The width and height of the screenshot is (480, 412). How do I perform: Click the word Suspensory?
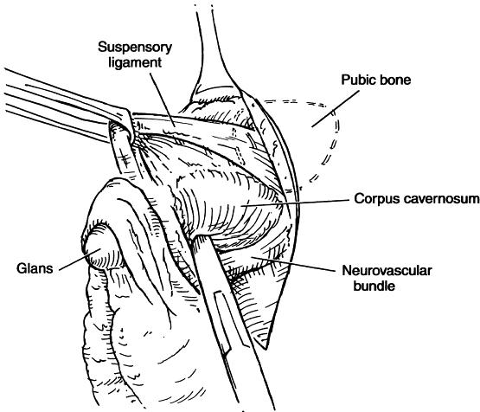pos(135,48)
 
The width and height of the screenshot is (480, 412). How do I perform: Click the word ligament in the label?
pos(135,62)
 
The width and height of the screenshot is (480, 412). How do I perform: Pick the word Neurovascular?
pos(387,270)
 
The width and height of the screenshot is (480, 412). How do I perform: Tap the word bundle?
pos(374,286)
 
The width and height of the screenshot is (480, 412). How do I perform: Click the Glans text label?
pos(35,268)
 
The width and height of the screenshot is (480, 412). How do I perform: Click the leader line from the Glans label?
pos(80,260)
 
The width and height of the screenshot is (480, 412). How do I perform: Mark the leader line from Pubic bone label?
pos(336,108)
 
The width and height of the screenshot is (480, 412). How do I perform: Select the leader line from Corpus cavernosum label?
pos(295,203)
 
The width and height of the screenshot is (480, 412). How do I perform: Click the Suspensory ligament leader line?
pos(163,100)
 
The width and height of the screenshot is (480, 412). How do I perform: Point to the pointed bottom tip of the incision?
pos(266,349)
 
